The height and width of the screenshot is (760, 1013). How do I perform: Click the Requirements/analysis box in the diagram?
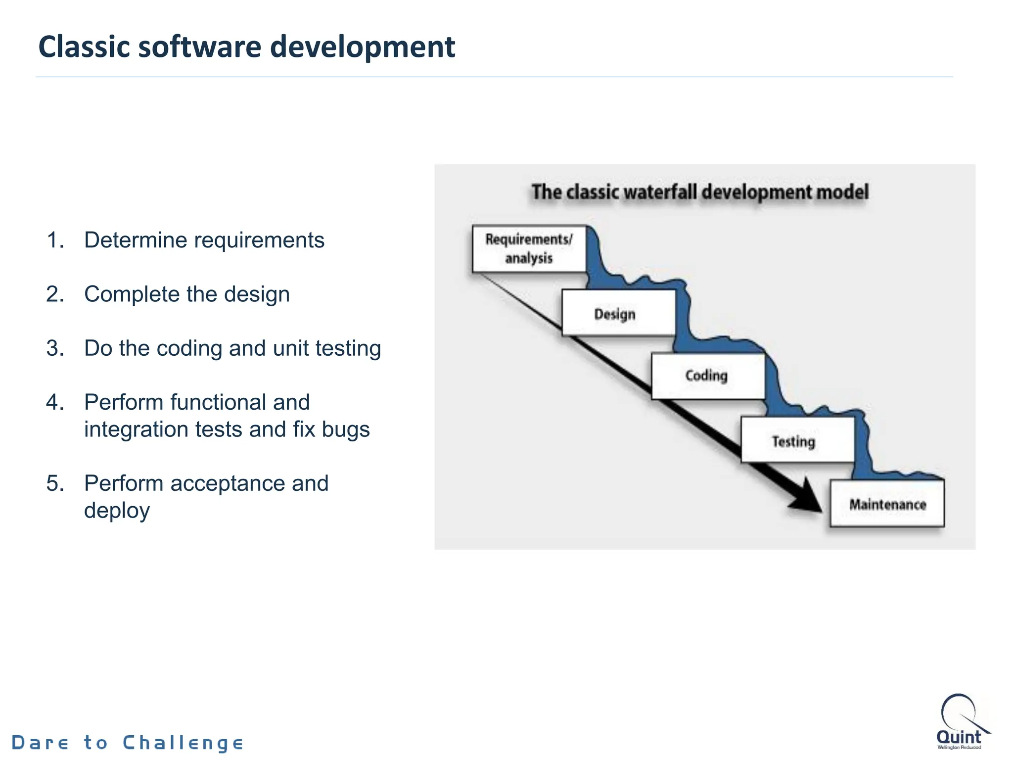pos(529,248)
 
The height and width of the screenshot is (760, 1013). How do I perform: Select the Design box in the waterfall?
pos(618,314)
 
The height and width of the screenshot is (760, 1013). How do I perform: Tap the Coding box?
pos(707,376)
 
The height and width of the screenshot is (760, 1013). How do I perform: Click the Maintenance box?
pos(887,504)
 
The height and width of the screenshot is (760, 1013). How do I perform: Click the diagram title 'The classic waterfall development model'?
pos(700,192)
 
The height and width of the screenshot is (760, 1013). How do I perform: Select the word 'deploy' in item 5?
pos(117,511)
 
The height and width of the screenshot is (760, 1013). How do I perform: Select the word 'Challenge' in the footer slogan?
pos(183,743)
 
